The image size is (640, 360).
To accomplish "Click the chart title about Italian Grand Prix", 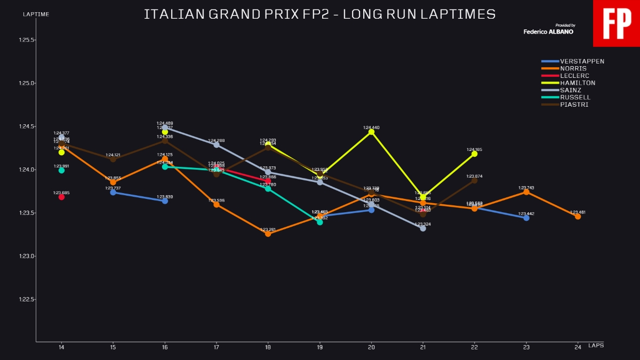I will (x=319, y=14).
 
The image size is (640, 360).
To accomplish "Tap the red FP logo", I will (x=617, y=23).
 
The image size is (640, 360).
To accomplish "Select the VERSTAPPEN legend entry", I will (x=582, y=61).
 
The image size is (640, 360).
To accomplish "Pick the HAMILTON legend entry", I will (x=578, y=83).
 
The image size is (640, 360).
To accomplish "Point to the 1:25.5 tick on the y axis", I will (x=27, y=40).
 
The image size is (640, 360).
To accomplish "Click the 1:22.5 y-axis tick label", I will (x=27, y=299).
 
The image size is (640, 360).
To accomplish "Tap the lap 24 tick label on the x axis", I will (x=578, y=347).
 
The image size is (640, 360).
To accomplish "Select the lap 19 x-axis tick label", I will (x=319, y=347).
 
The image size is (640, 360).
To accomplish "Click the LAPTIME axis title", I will (x=36, y=14).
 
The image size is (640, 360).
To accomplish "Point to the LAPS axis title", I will (x=596, y=346).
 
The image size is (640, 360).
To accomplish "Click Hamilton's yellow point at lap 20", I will (x=371, y=132).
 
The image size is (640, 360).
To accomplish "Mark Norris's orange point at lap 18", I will (x=268, y=234).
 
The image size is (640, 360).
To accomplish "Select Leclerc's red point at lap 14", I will (x=61, y=197).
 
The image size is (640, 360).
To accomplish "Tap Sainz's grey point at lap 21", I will (x=423, y=228).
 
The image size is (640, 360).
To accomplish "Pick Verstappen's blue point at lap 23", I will (x=526, y=218).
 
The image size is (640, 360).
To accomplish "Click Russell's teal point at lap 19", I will (x=319, y=222).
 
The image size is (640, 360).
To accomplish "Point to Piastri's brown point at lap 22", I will (x=475, y=180).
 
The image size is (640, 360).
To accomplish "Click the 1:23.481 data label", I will (x=578, y=212).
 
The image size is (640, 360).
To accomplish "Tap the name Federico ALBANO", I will (x=549, y=31).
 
